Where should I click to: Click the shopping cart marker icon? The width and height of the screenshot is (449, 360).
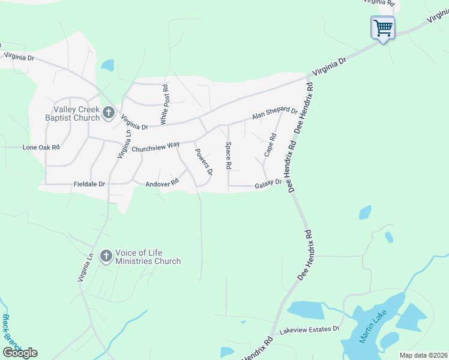(382, 27)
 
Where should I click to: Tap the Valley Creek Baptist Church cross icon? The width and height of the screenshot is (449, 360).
(108, 112)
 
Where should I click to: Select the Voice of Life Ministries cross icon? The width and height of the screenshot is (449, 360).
(106, 256)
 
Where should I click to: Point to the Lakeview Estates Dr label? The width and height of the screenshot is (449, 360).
(309, 329)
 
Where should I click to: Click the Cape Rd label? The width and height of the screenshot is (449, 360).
(270, 145)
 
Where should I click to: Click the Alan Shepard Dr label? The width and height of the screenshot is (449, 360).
(275, 113)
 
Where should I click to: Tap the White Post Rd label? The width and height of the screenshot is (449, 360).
(165, 105)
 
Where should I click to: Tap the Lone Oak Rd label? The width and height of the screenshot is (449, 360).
(41, 147)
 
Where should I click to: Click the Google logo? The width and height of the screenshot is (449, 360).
(20, 353)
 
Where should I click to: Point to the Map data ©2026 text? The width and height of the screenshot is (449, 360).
(423, 355)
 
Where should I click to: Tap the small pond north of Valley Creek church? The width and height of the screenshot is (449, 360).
(107, 65)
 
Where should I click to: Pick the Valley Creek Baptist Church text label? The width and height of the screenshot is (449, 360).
(76, 113)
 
